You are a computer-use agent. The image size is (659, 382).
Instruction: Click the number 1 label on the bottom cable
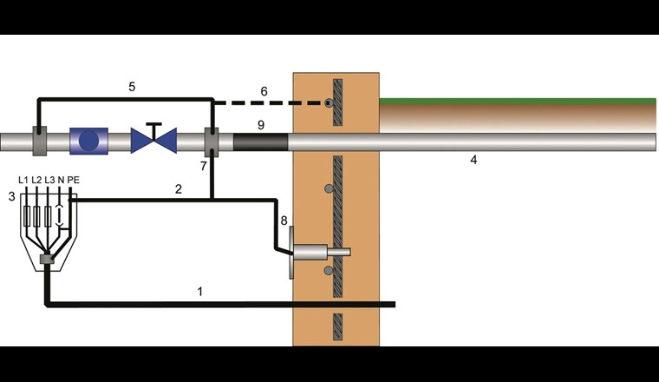200,292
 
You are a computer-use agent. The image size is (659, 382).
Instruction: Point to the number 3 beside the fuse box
11,198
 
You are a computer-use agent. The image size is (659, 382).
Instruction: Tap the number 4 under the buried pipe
473,160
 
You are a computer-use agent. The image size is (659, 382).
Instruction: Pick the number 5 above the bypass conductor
132,87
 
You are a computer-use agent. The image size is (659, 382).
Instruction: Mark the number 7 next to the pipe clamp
203,165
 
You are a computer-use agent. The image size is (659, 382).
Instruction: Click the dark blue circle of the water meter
88,141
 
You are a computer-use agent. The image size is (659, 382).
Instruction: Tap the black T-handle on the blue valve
153,128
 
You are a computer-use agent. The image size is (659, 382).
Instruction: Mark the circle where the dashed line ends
329,103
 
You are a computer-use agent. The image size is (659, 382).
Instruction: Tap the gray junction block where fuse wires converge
47,259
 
